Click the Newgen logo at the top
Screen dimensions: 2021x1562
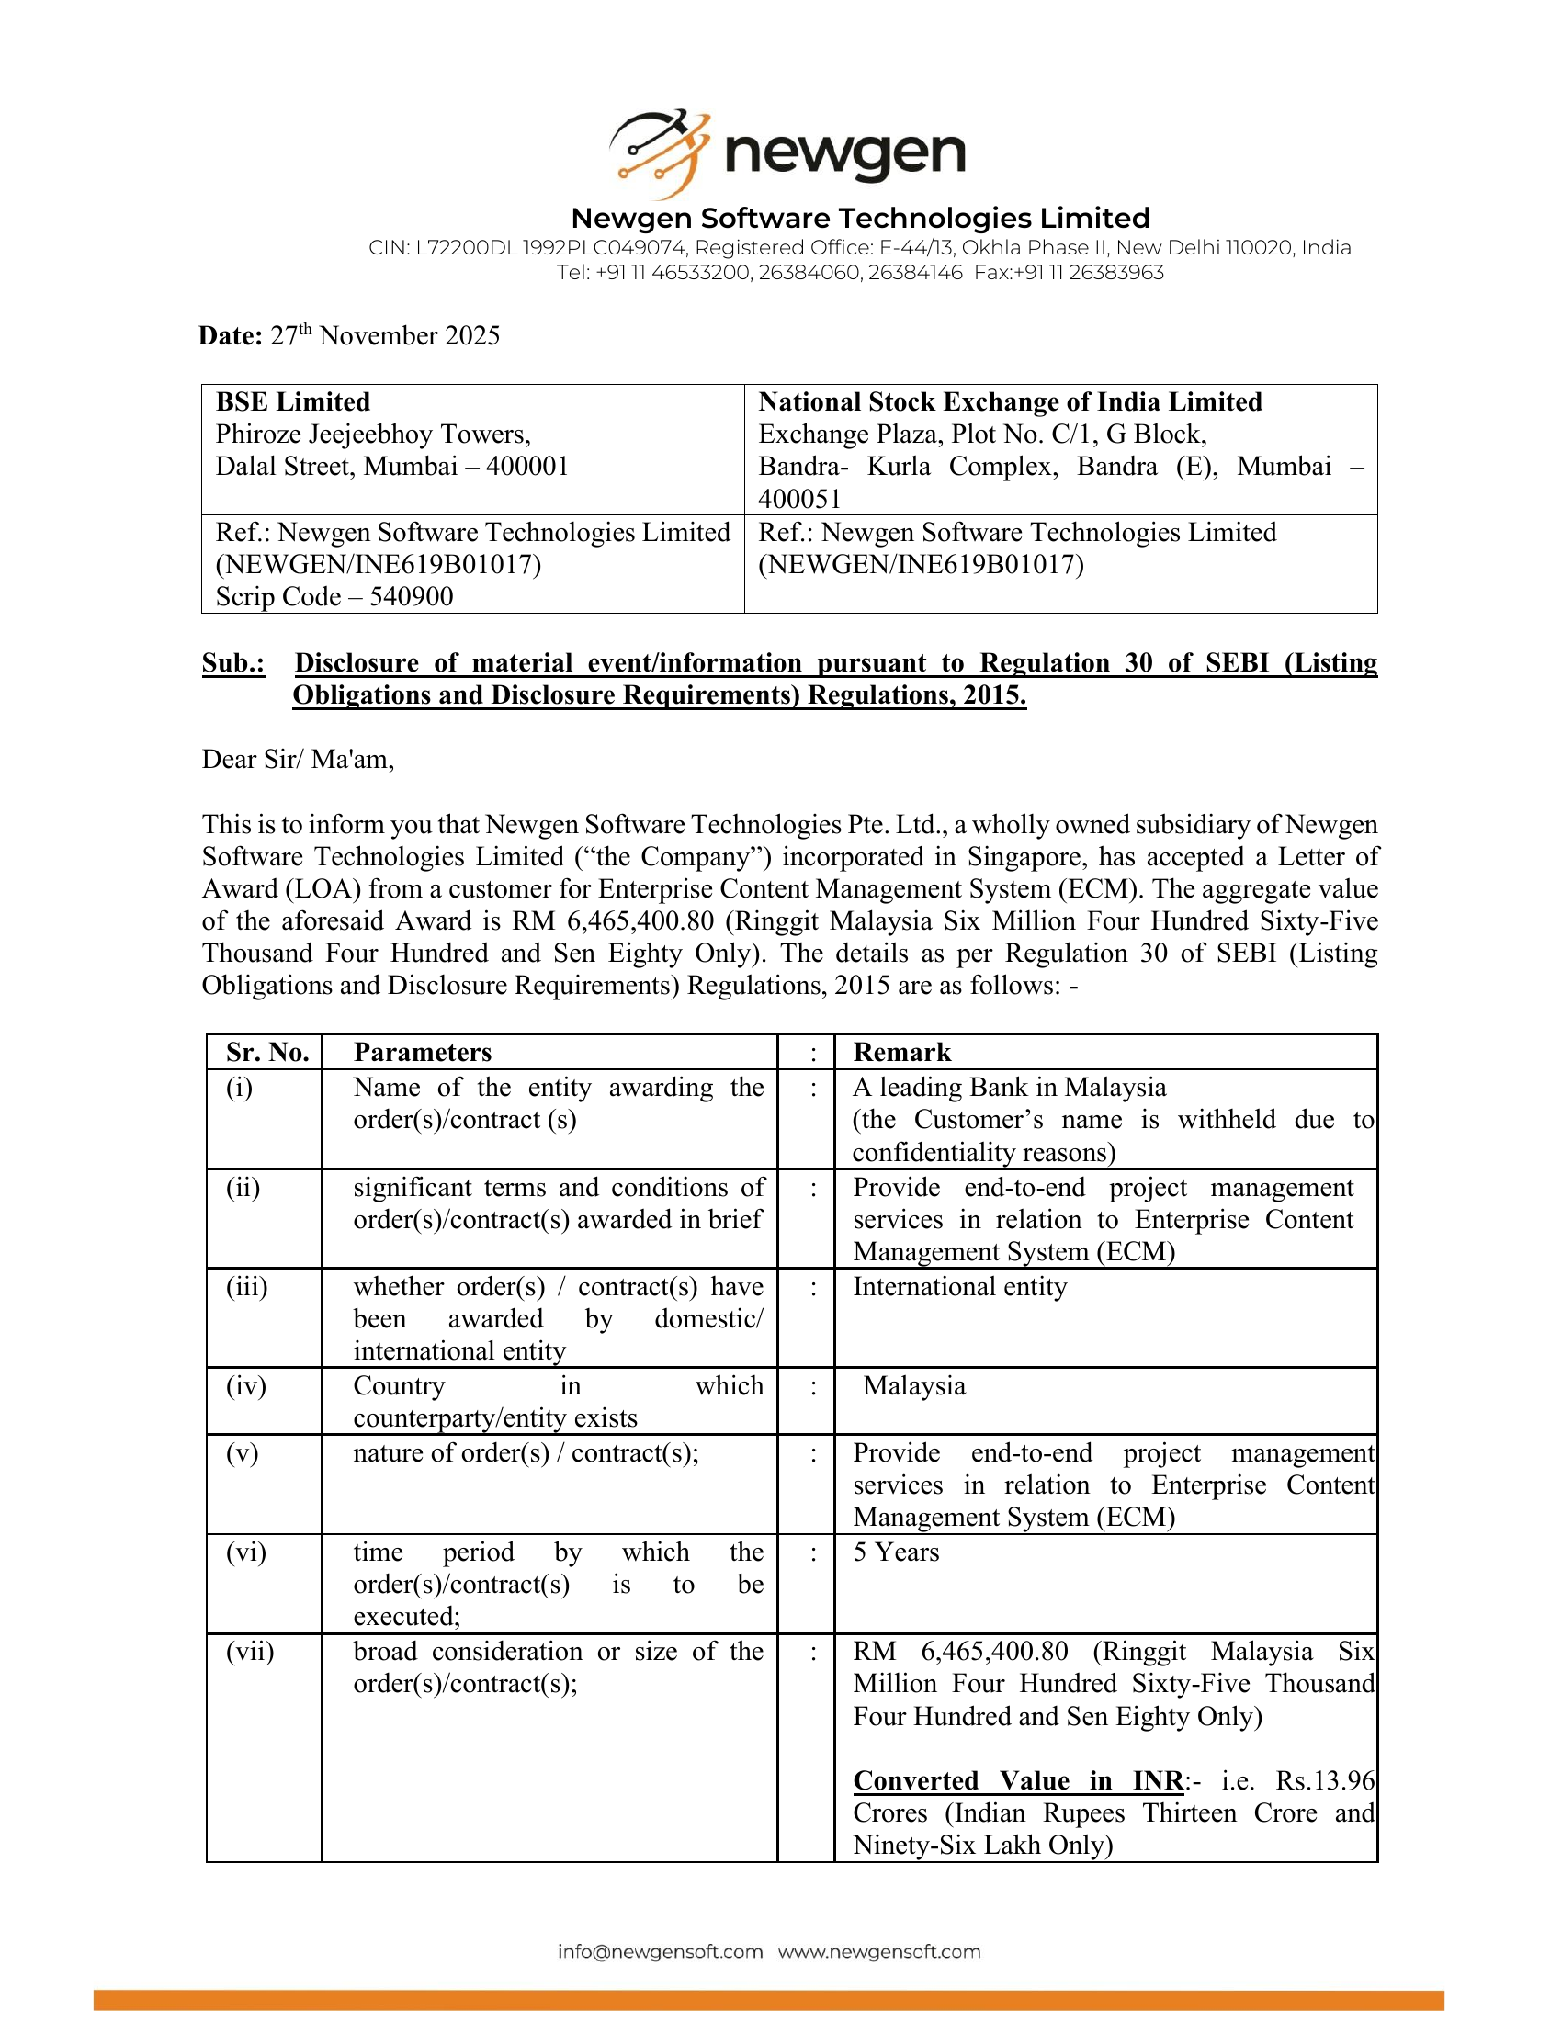click(787, 152)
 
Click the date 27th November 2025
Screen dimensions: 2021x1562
click(384, 336)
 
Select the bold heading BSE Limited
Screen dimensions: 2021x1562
click(292, 401)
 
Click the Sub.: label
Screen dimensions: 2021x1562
click(233, 662)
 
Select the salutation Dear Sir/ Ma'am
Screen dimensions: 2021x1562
click(298, 760)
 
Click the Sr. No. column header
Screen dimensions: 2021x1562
click(266, 1052)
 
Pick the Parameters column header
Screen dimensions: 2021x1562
click(422, 1052)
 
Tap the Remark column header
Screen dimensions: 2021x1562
click(901, 1052)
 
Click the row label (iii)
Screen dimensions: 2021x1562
click(246, 1287)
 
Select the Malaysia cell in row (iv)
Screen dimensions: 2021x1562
click(913, 1386)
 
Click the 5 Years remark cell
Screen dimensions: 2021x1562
click(895, 1552)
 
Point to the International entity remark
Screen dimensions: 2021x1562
click(959, 1287)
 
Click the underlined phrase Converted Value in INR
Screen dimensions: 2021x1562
click(1018, 1780)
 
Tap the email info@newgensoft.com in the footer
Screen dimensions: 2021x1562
click(660, 1951)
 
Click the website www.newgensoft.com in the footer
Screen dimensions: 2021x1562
click(878, 1951)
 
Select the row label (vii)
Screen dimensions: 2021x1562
click(250, 1652)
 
